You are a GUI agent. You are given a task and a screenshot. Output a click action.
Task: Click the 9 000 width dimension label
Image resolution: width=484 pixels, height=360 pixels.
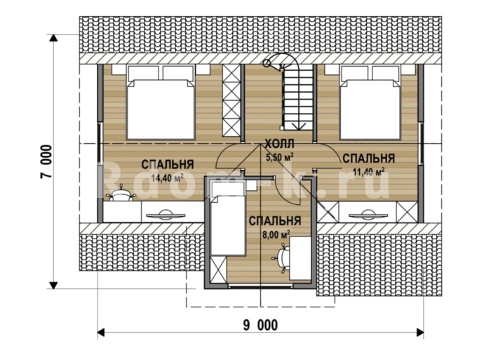tap(260, 325)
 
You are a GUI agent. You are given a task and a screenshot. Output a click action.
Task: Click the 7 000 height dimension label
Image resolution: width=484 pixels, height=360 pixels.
tap(46, 161)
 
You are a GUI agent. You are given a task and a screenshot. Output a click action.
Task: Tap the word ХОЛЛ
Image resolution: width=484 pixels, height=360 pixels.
tap(280, 144)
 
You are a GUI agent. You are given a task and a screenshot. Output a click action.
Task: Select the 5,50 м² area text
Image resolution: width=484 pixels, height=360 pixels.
tap(280, 157)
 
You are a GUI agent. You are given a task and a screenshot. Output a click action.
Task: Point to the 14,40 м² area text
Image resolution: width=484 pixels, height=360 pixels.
tap(168, 178)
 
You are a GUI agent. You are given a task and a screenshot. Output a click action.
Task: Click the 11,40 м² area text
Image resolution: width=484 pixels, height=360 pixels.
tap(368, 171)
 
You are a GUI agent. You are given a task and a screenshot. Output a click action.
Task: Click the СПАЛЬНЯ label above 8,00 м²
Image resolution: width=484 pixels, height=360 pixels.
tap(275, 221)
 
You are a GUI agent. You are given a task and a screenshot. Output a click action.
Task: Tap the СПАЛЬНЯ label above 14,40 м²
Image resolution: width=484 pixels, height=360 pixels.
tap(168, 164)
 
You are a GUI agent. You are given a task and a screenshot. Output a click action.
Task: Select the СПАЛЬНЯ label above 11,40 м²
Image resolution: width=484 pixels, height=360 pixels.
tap(368, 158)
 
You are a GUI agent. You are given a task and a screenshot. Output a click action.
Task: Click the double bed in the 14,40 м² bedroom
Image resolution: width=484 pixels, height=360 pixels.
tap(161, 102)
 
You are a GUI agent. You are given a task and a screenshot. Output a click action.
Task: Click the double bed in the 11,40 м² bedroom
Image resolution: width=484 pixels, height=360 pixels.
tap(370, 102)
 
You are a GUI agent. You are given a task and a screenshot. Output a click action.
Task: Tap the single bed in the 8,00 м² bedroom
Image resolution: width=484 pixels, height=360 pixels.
tap(228, 218)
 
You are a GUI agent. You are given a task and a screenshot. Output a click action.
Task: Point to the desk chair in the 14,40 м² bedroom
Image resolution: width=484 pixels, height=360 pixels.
tap(121, 194)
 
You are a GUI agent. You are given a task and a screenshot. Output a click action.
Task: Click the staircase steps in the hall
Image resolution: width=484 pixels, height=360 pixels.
tap(297, 100)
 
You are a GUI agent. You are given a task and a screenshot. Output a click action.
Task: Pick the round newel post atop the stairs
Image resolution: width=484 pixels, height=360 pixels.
tap(267, 64)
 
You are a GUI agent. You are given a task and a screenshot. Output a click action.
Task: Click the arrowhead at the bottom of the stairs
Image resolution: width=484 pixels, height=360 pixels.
tap(298, 126)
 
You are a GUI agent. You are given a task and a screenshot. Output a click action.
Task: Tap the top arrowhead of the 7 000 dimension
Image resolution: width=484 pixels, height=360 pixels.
tap(54, 37)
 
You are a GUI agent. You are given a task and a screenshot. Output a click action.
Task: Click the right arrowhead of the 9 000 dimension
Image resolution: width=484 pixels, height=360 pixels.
tap(419, 332)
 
